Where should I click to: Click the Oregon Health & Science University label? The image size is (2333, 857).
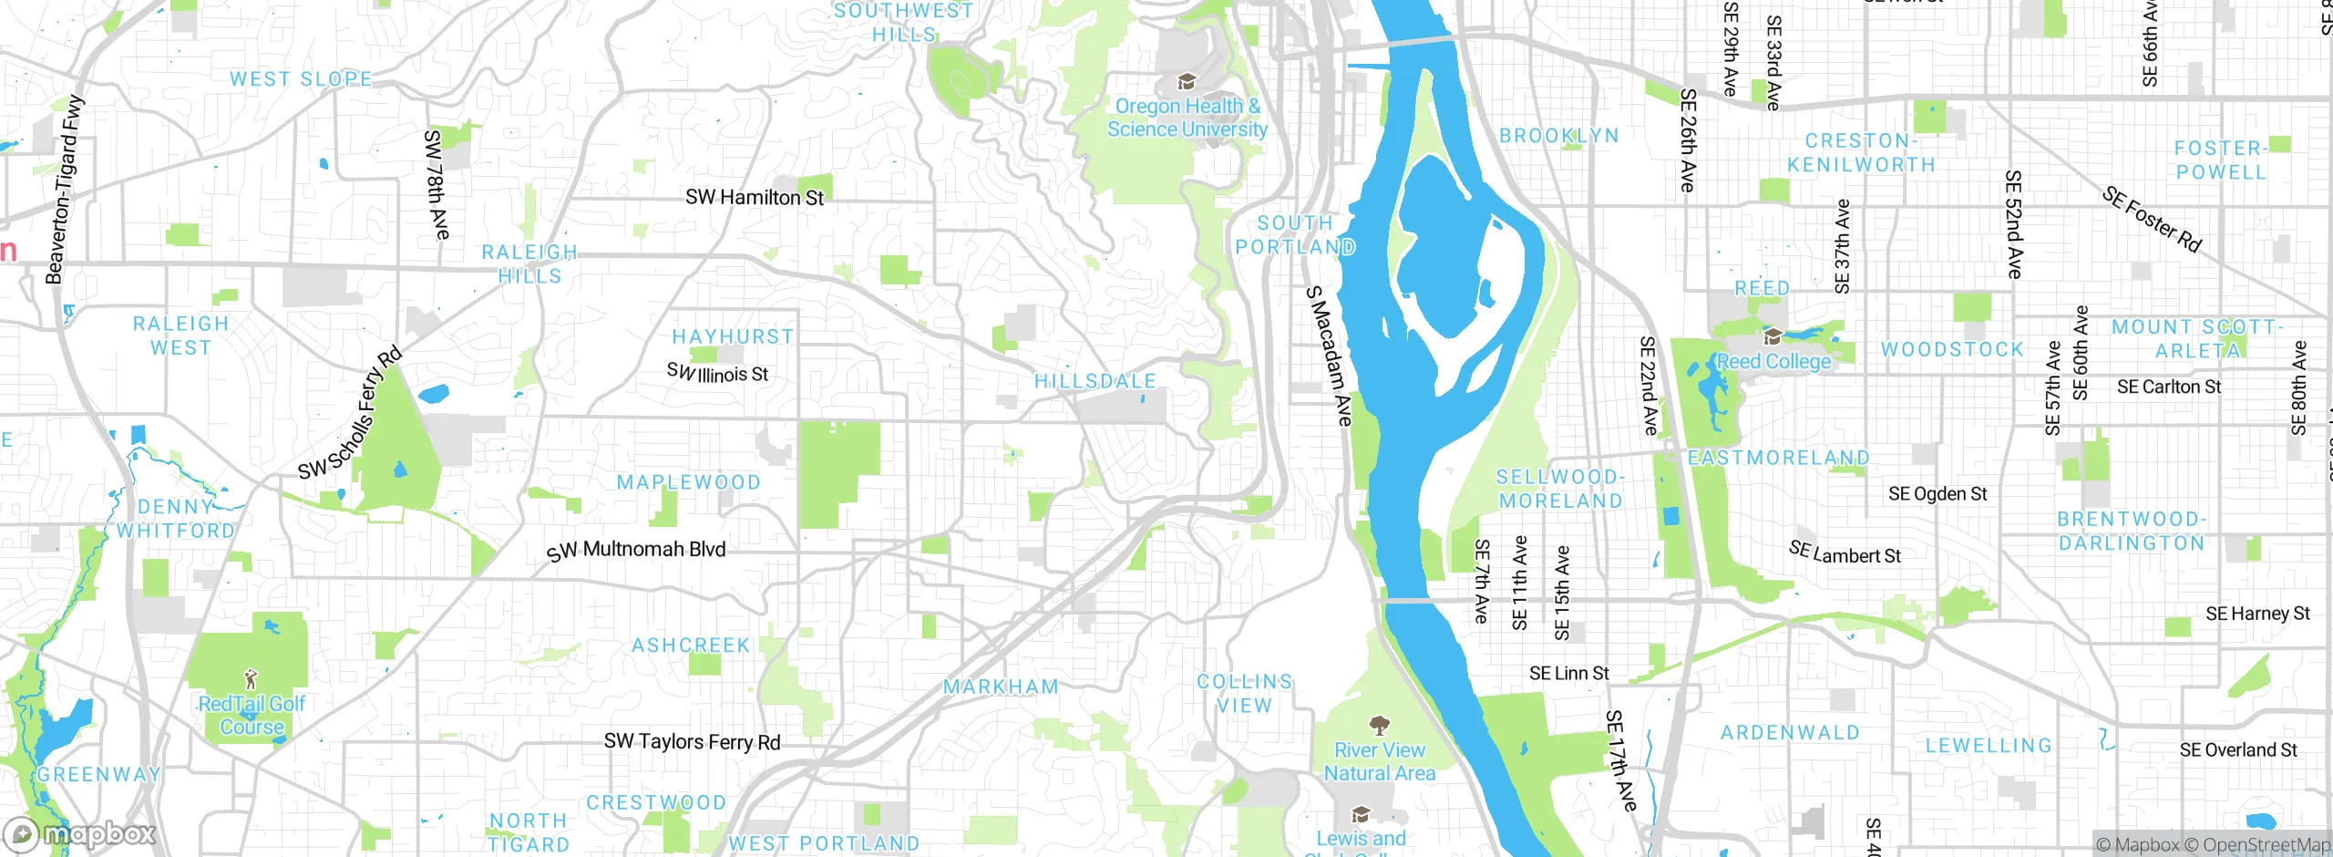(1187, 119)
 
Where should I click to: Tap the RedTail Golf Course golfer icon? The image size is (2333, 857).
(252, 678)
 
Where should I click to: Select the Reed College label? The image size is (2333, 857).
(1773, 361)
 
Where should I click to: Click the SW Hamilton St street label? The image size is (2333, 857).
(754, 197)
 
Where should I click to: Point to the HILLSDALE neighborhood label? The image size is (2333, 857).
(1095, 381)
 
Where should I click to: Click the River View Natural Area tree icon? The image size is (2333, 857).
(1380, 725)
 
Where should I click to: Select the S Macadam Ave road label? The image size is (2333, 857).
(1329, 356)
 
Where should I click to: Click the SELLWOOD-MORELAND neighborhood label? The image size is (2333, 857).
(1560, 489)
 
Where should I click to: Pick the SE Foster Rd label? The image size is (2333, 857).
(2152, 219)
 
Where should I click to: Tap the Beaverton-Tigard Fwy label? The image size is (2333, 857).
(64, 190)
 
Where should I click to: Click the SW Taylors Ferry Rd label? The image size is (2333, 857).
(692, 741)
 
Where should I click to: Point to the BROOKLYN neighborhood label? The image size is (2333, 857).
(1559, 136)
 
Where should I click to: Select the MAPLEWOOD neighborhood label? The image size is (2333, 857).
(688, 482)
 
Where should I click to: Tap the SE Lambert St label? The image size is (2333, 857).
(1845, 552)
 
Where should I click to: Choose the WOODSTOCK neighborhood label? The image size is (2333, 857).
(1952, 350)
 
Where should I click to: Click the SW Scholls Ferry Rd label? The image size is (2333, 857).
(350, 413)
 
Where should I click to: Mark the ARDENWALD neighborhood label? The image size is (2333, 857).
(1790, 733)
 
